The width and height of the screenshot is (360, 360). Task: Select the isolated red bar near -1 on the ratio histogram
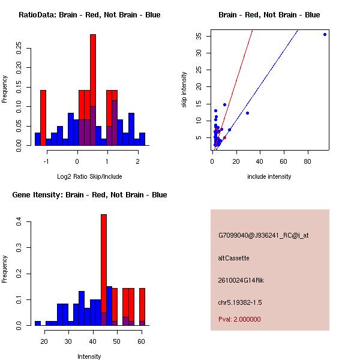[43, 117]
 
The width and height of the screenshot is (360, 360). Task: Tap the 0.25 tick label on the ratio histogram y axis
[20, 46]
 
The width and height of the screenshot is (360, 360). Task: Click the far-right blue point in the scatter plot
[325, 34]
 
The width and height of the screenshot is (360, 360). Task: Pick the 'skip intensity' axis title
[184, 90]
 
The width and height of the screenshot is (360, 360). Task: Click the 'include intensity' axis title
[269, 176]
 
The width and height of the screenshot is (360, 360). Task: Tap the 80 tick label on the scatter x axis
[308, 161]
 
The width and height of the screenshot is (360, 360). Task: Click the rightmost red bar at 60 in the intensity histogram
[142, 306]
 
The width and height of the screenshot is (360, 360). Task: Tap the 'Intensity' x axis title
[89, 356]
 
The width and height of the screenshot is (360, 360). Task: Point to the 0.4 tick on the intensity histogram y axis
[20, 222]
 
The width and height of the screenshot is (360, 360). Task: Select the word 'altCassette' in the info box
[233, 258]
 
